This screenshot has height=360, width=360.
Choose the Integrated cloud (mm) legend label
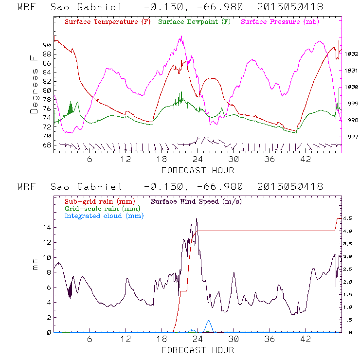pyautogui.click(x=104, y=216)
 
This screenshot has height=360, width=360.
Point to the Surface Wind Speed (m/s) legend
pyautogui.click(x=197, y=200)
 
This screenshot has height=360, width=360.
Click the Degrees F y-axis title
pyautogui.click(x=34, y=84)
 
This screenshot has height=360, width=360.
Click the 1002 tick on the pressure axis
pyautogui.click(x=351, y=54)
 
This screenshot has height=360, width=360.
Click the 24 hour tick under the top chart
pyautogui.click(x=198, y=160)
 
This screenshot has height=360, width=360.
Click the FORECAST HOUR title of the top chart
pyautogui.click(x=198, y=170)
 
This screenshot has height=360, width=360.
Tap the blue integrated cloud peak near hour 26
pyautogui.click(x=209, y=321)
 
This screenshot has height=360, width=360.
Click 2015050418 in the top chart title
pyautogui.click(x=291, y=7)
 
